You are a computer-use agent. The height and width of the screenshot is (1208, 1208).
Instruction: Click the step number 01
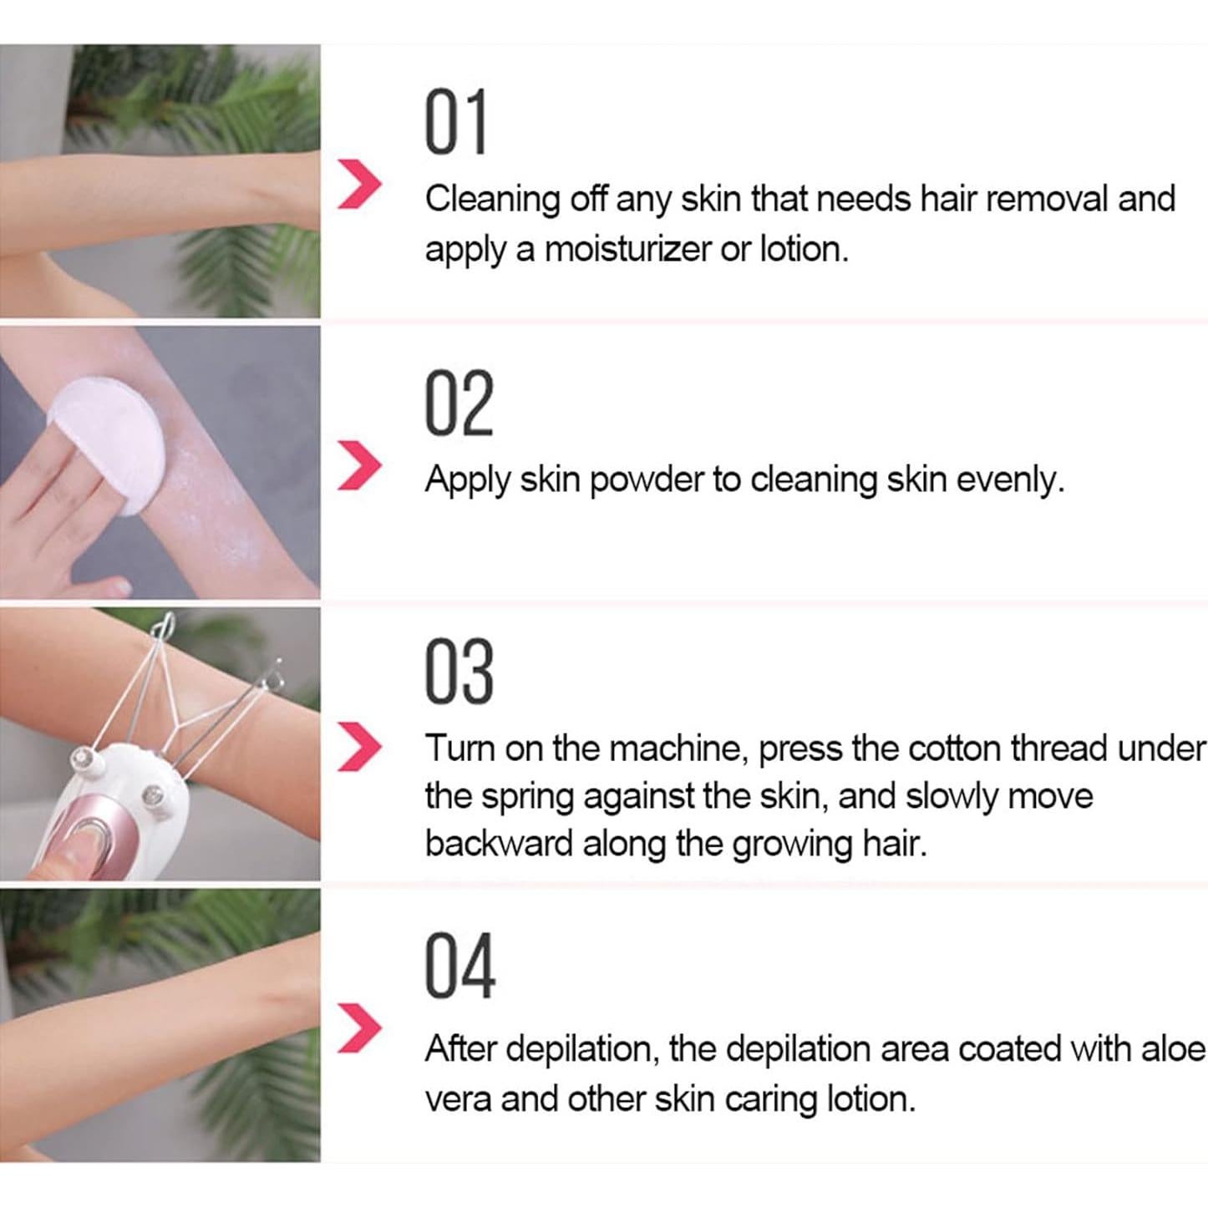455,124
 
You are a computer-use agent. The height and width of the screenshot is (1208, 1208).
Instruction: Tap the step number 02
459,404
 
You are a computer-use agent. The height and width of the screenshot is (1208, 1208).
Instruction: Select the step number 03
459,673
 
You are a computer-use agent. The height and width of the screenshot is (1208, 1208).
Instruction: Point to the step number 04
459,967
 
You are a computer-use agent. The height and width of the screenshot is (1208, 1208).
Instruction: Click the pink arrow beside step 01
359,186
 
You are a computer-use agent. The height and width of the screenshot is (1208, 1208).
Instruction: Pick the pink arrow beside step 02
359,466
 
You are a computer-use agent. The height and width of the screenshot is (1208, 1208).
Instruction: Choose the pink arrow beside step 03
359,748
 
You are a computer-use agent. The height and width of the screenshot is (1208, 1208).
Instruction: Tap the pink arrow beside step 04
359,1028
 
